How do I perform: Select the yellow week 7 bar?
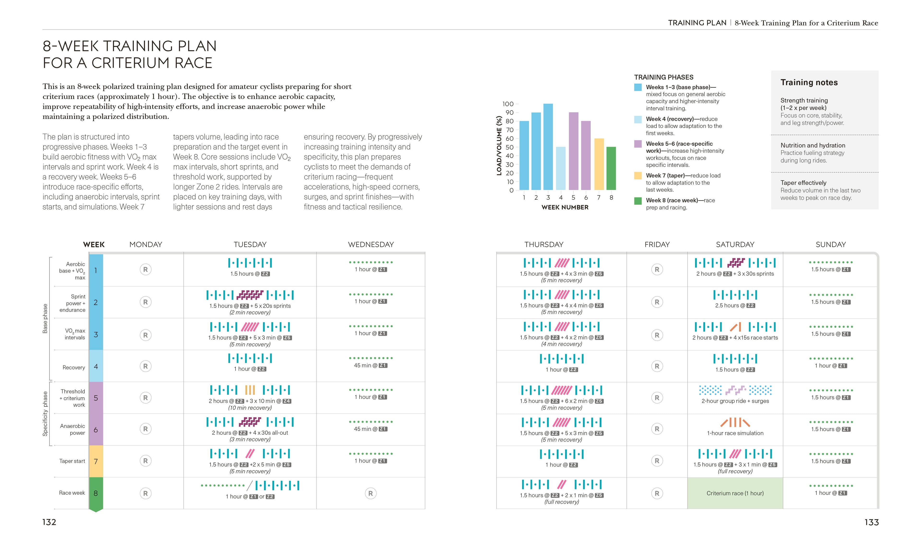(x=599, y=164)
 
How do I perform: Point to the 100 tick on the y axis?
(x=508, y=104)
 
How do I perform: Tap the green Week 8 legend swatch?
(x=638, y=201)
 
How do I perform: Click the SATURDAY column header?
(x=735, y=245)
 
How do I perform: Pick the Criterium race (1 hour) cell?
(x=735, y=493)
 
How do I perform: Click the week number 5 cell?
(x=96, y=398)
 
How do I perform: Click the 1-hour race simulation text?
(x=735, y=433)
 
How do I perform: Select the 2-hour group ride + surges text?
(x=735, y=401)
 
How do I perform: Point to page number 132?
(x=49, y=522)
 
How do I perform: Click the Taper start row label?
(x=72, y=461)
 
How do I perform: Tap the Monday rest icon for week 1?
(x=145, y=269)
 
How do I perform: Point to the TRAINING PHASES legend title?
(x=663, y=77)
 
